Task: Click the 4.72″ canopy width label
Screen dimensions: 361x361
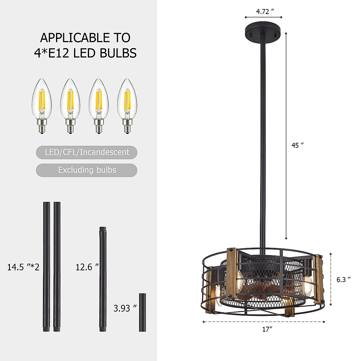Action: click(265, 12)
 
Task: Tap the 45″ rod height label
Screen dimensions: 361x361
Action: click(298, 145)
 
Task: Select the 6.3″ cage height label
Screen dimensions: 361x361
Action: click(343, 279)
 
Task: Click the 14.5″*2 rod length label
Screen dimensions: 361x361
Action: click(23, 267)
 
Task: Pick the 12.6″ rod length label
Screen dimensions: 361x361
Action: click(87, 267)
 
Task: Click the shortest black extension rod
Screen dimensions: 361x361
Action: click(142, 312)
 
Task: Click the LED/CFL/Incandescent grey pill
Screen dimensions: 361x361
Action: click(87, 152)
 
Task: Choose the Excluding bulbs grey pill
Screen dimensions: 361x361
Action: click(87, 170)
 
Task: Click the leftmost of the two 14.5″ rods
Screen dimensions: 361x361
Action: click(46, 267)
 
